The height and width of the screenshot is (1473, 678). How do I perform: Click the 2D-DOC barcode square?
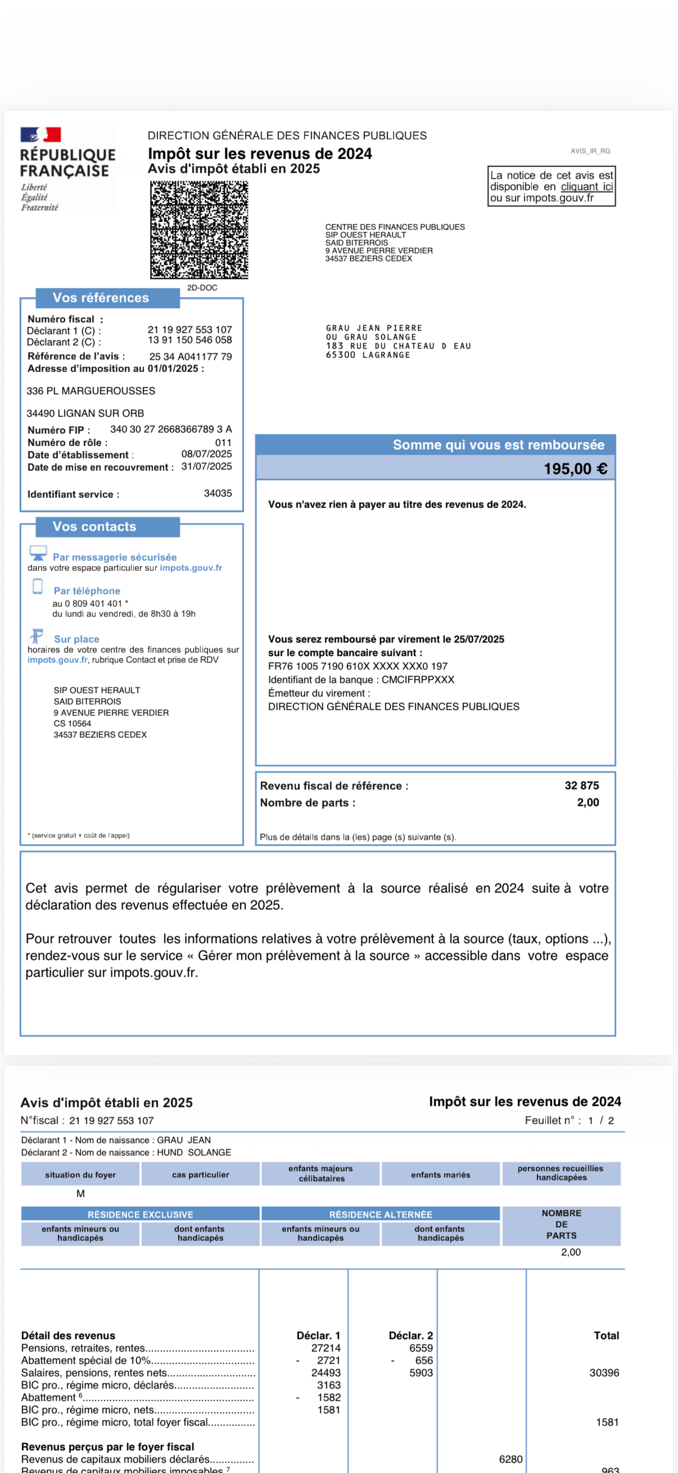coord(199,230)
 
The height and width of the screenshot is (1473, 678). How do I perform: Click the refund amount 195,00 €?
coord(575,469)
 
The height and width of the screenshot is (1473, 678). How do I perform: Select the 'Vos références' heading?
coord(101,297)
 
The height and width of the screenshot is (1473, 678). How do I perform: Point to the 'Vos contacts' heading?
coord(94,527)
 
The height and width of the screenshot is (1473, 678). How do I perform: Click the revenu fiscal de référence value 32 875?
coord(581,786)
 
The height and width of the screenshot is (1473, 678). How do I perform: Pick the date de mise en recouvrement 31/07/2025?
coord(206,466)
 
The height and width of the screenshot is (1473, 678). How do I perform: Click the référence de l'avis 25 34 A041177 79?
coord(191,356)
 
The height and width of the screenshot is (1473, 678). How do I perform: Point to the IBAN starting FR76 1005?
coord(358,666)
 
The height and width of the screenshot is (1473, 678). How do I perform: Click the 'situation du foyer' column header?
coord(80,1175)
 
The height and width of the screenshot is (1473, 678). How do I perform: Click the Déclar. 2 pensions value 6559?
coord(421,1348)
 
